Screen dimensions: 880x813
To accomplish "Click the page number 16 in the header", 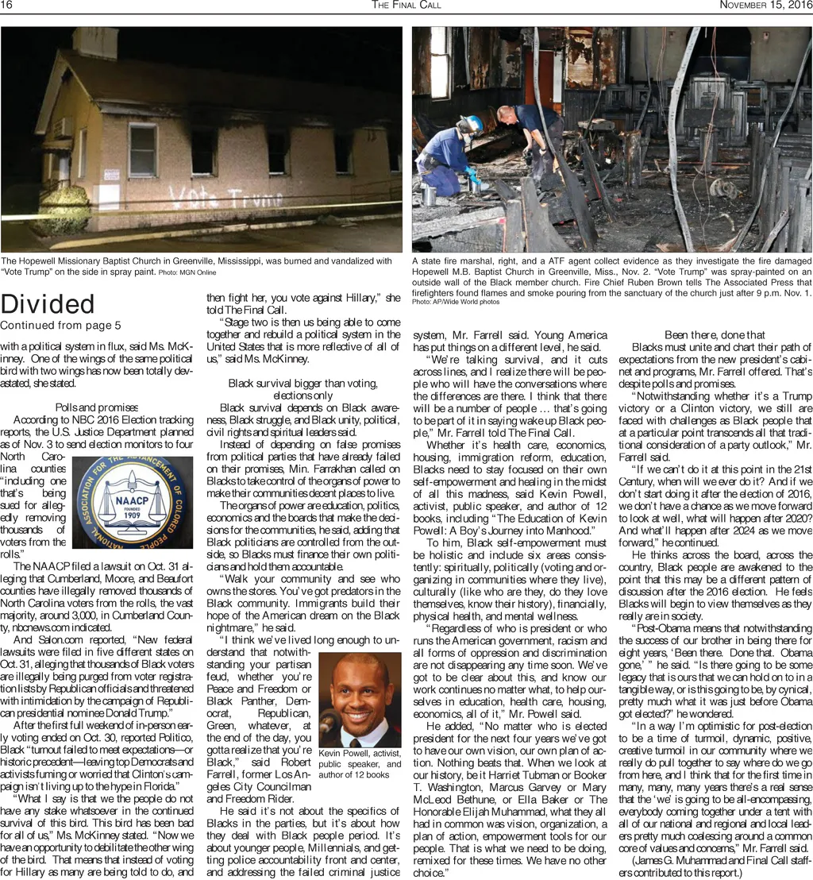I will tap(6, 6).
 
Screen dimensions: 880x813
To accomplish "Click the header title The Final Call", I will tap(406, 6).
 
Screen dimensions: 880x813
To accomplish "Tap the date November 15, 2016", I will tap(765, 6).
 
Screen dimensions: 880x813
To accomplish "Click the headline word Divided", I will tap(48, 304).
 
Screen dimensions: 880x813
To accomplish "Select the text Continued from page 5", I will tap(60, 326).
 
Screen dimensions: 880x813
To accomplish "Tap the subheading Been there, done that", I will tap(714, 335).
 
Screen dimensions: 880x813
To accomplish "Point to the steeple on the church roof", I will tap(94, 44).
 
